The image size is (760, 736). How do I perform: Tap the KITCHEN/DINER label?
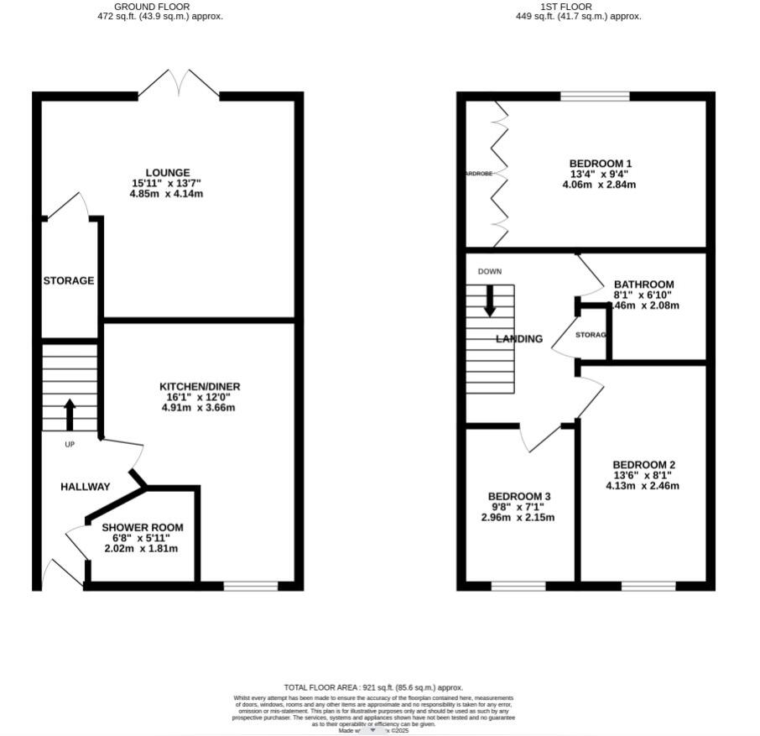tap(200, 387)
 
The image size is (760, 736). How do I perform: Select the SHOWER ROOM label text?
tap(143, 528)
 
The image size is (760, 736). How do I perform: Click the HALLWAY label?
tap(85, 487)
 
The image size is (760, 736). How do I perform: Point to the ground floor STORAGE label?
tap(69, 280)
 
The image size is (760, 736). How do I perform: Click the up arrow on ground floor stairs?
tap(70, 415)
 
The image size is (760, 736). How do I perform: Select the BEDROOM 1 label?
tap(600, 164)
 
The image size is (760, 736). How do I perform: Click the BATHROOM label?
tap(643, 284)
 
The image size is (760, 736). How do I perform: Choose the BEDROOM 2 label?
tap(643, 465)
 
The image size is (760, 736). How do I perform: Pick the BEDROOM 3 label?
tap(519, 497)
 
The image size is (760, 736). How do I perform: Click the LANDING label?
tap(519, 339)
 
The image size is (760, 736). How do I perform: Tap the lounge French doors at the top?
tap(179, 84)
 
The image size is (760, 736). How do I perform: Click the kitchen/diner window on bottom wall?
tap(251, 586)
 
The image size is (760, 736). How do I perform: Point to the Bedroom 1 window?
tap(595, 97)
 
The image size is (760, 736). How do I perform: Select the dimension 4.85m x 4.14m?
tap(166, 194)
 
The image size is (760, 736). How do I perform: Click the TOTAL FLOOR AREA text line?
tap(373, 687)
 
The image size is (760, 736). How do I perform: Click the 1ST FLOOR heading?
tap(578, 7)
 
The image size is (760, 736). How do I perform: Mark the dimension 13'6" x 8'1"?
tap(643, 475)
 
